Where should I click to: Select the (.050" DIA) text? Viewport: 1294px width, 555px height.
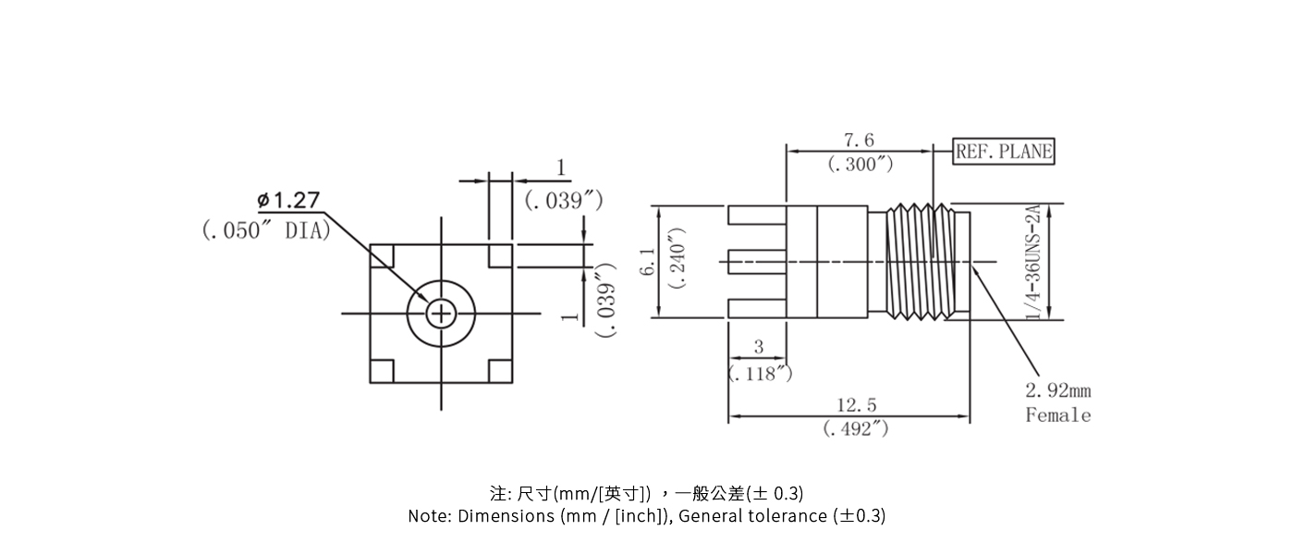pos(265,230)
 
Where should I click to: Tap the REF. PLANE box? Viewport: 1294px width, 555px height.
pos(1003,152)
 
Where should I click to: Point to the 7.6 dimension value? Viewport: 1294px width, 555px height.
pos(858,141)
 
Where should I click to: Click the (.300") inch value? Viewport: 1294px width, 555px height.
pos(860,165)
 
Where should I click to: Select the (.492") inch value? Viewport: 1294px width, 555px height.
pos(856,428)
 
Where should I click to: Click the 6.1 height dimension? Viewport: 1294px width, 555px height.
pos(649,261)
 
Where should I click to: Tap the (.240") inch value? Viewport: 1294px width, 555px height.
pos(678,258)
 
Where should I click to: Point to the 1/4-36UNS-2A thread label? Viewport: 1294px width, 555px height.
pos(1034,263)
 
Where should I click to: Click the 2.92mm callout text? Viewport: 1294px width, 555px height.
pos(1057,391)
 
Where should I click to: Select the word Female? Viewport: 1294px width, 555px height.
pos(1057,415)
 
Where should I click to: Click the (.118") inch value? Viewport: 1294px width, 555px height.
pos(760,373)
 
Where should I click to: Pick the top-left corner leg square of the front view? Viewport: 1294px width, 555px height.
pos(382,255)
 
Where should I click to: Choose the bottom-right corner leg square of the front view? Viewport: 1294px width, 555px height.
pos(500,371)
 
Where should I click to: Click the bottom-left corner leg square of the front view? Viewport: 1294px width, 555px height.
pos(382,371)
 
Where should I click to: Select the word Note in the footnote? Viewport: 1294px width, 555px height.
pos(428,516)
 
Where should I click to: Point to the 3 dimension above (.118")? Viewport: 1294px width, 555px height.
pos(759,347)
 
